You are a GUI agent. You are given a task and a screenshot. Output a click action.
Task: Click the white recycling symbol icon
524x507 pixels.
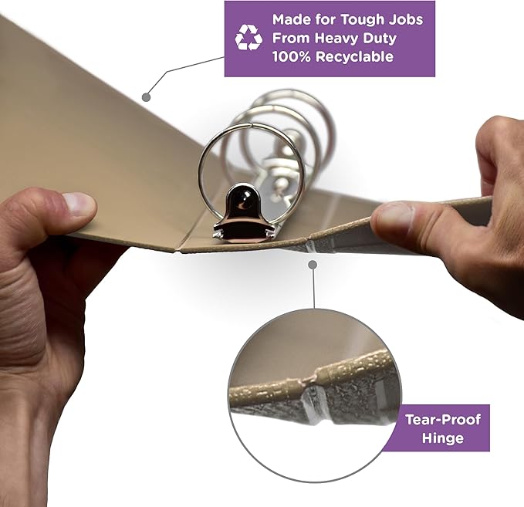(248, 38)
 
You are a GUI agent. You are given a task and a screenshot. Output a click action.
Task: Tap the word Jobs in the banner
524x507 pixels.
(406, 19)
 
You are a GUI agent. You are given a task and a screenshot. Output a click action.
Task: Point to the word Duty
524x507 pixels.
(380, 39)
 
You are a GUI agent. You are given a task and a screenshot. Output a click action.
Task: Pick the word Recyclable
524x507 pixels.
(354, 57)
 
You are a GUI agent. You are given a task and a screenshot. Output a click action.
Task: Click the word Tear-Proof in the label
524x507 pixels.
(443, 420)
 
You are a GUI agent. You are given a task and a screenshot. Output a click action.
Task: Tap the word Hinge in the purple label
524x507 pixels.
(443, 438)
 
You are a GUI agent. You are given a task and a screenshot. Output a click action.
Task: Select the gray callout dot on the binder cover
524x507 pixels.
(146, 97)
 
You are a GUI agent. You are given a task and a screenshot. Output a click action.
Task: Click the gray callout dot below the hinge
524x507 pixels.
(313, 265)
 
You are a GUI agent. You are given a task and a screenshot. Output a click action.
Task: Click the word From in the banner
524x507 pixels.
(291, 39)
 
